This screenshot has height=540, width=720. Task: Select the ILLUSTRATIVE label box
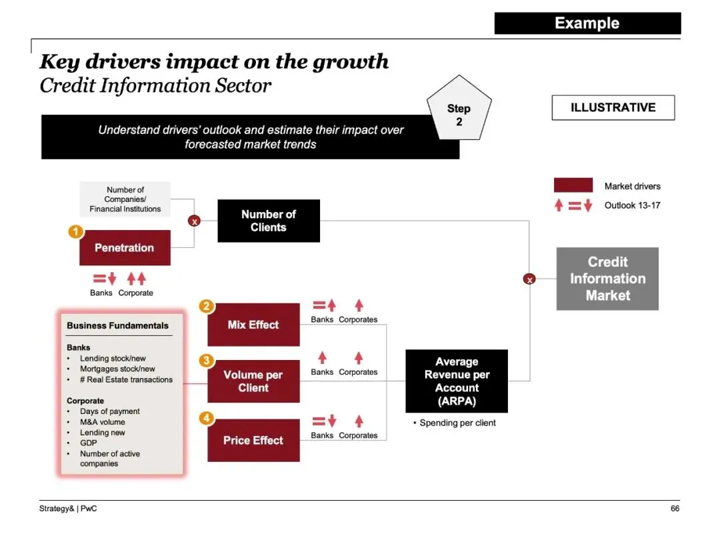point(613,107)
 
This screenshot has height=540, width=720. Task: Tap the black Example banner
point(587,23)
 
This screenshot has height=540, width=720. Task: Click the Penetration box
point(125,248)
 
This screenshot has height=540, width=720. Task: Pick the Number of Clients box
point(269,221)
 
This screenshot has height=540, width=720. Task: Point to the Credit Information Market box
point(607,279)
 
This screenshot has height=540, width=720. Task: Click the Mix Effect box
point(253,325)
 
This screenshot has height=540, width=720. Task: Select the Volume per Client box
point(253,381)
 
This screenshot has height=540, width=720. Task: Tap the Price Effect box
point(253,441)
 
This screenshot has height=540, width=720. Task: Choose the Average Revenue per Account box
point(457,381)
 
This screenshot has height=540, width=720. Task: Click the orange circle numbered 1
point(76,232)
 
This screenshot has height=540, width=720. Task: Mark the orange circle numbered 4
point(207,419)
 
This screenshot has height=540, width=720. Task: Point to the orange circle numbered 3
point(207,361)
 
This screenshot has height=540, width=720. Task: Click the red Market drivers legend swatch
point(573,185)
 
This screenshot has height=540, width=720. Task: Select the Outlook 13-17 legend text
point(632,205)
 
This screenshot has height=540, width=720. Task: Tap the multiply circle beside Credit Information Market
point(529,279)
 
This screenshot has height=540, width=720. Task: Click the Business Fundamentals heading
point(118,326)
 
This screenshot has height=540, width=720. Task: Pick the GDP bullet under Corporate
point(89,443)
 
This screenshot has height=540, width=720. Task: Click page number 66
point(675,509)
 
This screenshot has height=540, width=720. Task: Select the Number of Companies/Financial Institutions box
point(125,199)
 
